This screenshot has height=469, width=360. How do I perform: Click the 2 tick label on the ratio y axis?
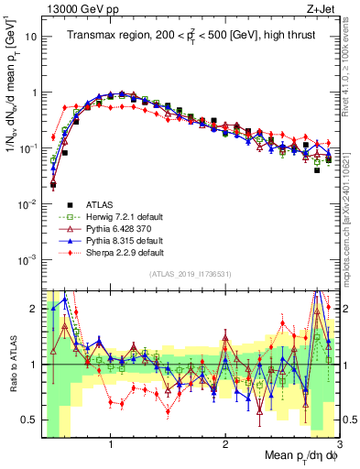point(32,310)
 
